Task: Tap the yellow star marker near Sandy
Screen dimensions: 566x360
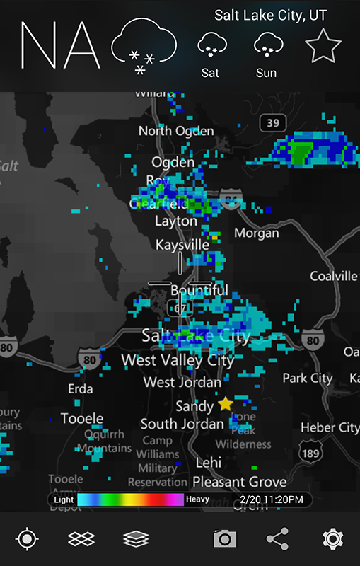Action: point(225,404)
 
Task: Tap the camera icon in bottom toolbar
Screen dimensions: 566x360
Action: point(224,539)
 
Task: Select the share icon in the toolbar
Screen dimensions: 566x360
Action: point(278,539)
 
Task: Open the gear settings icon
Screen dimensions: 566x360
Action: point(332,539)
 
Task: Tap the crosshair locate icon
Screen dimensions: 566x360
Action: point(27,539)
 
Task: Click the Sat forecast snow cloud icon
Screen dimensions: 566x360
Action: point(210,45)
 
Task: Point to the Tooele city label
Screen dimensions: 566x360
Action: point(82,418)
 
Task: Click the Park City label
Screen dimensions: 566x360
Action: point(307,379)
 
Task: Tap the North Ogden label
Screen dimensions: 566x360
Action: point(175,131)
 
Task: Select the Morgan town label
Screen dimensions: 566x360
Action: point(256,233)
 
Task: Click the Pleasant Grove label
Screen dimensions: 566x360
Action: point(240,482)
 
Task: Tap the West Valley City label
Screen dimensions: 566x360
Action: point(178,360)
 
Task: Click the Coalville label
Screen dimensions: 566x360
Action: point(333,276)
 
